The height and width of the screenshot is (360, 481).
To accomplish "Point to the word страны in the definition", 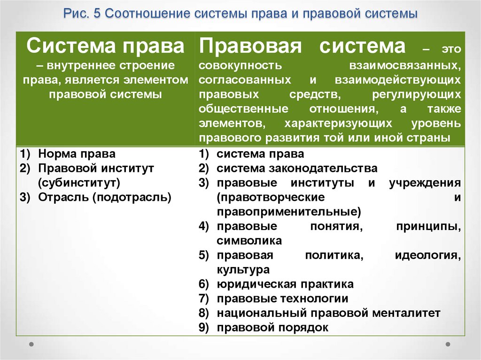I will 431,138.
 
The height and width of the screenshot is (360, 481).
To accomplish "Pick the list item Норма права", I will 77,153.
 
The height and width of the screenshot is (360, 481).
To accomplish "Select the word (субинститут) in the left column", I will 79,182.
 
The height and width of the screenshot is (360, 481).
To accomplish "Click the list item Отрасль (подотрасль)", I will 104,197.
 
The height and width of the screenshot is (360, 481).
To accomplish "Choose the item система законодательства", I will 297,168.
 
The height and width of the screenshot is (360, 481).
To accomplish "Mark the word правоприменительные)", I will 289,212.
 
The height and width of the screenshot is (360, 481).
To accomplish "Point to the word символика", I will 249,241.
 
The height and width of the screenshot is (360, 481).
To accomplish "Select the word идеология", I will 427,255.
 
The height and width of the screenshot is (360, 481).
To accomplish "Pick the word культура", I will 243,270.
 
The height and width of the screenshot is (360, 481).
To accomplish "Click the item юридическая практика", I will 285,284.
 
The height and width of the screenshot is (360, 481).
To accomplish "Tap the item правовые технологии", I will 282,299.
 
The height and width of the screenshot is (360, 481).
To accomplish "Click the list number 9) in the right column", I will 203,328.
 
